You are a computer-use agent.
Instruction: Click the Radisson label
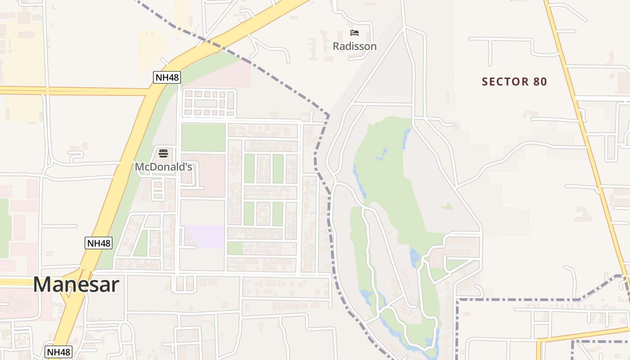355,46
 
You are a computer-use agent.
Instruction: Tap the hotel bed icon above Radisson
355,33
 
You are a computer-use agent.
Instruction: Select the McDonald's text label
163,167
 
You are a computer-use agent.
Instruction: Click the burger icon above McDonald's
163,153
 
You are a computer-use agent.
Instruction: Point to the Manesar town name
76,285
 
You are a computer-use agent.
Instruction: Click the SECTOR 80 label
514,82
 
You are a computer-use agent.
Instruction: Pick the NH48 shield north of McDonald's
166,77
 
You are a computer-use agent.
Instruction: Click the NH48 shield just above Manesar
99,243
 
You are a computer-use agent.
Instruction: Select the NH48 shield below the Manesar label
58,352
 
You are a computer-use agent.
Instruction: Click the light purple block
204,237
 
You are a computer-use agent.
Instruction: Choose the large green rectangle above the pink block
203,137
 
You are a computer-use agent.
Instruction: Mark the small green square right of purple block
234,248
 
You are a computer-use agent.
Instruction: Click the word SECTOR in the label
499,82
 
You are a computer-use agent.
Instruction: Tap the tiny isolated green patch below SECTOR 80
447,207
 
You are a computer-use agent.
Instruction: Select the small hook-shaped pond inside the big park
382,154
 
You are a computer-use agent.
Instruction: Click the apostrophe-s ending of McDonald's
188,167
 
